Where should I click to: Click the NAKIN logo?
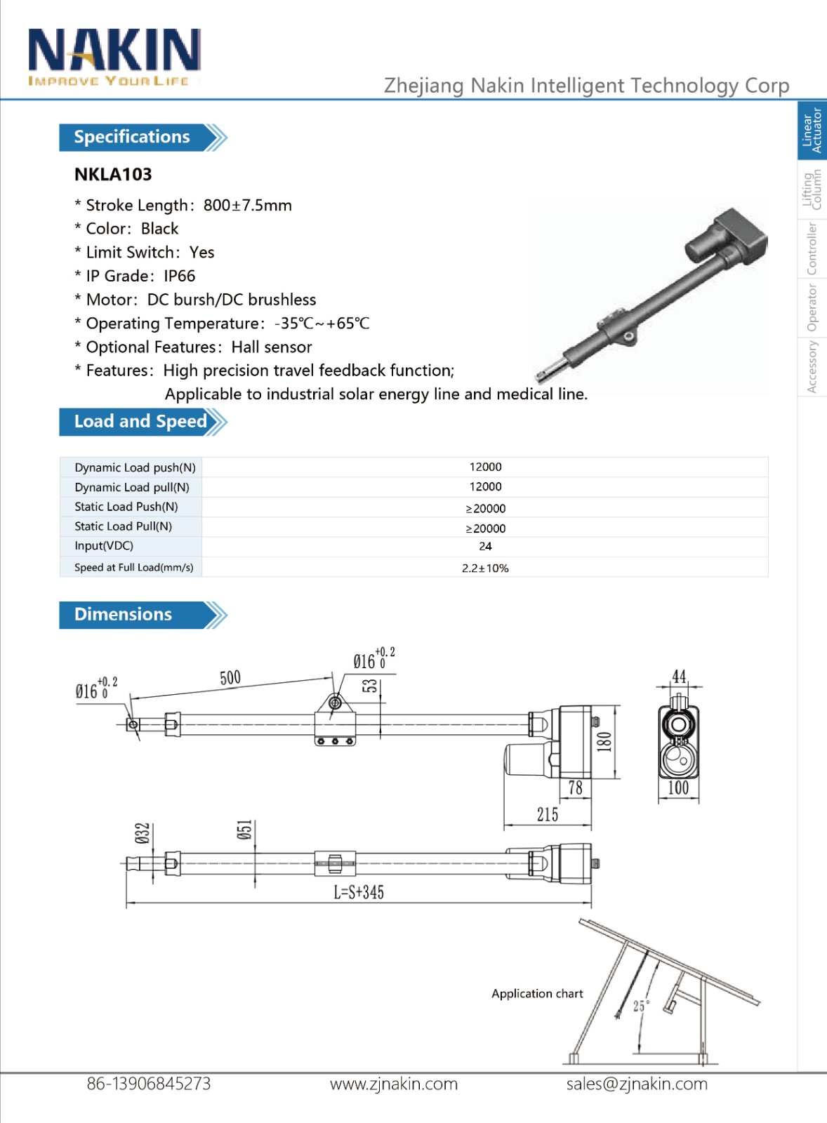(114, 57)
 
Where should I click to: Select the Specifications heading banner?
(133, 137)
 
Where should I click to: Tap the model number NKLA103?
(113, 174)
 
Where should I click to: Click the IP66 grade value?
(179, 276)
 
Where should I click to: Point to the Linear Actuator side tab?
(812, 131)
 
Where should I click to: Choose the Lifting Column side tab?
(812, 190)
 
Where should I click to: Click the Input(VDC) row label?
(104, 546)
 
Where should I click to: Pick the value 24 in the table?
(485, 546)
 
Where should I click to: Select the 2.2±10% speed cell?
(485, 568)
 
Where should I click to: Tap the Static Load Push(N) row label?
(126, 507)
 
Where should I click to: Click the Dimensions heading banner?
(124, 614)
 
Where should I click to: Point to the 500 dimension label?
(230, 677)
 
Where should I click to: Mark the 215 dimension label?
(548, 814)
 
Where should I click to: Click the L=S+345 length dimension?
(359, 892)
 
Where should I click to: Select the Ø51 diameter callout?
(244, 831)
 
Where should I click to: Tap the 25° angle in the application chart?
(641, 1006)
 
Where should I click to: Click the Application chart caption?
(537, 994)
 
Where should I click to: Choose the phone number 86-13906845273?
(149, 1084)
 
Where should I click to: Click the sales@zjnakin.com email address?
(637, 1084)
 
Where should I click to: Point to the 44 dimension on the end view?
(679, 677)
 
